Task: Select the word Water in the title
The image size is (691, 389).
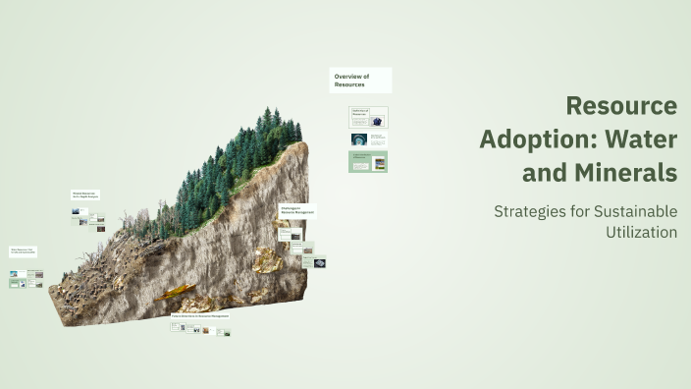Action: tap(642, 139)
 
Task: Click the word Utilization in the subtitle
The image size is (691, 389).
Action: tap(642, 233)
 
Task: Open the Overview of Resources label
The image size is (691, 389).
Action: tap(360, 81)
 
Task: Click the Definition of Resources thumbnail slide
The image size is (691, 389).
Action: tap(368, 117)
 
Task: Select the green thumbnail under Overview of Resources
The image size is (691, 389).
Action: tap(368, 161)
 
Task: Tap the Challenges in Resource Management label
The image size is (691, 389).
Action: tap(297, 210)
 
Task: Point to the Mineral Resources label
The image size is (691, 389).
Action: tap(85, 197)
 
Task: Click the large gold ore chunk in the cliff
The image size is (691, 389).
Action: tap(267, 259)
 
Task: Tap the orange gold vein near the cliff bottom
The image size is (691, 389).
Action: tap(176, 292)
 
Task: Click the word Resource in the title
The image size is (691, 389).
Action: tap(621, 105)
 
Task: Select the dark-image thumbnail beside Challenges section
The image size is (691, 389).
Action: tap(317, 263)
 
